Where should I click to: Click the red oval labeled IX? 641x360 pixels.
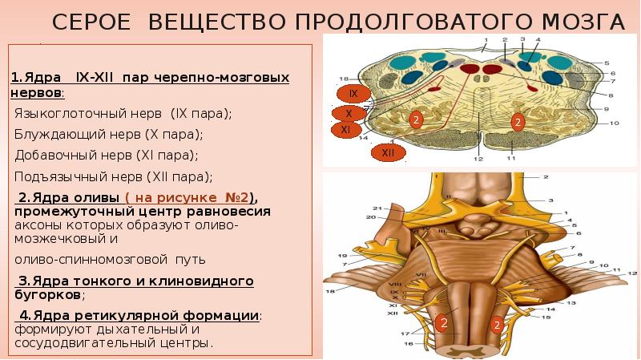point(354,95)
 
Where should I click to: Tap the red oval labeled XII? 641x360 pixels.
point(388,152)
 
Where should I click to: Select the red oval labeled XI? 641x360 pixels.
point(345,129)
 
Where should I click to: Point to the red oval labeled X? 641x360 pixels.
point(349,113)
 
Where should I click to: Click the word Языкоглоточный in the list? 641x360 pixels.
point(65,114)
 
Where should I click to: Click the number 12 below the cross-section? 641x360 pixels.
point(478,159)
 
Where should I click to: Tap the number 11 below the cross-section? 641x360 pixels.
point(510,159)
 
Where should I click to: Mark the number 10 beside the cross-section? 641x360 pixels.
point(615,123)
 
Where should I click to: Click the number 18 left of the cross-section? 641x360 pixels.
point(344,79)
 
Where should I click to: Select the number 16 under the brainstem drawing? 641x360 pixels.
point(409,344)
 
